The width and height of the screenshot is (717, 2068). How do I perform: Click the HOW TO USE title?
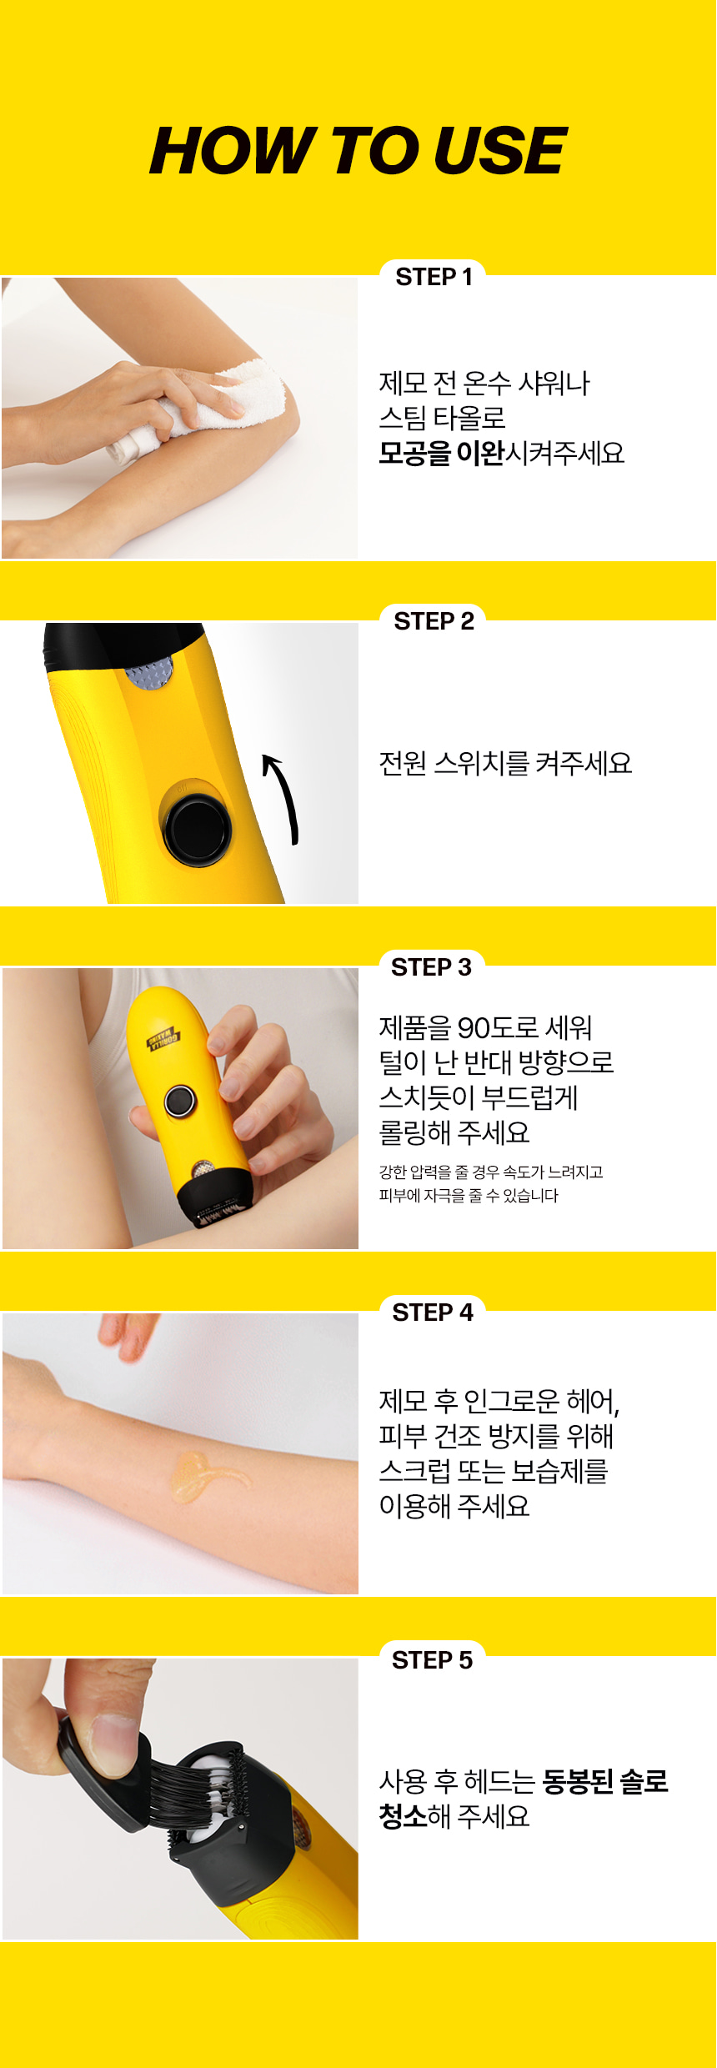(x=358, y=151)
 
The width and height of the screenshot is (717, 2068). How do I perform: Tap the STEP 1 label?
(x=434, y=277)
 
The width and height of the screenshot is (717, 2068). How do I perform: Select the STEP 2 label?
(x=434, y=621)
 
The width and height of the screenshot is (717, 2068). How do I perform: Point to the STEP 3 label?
(x=431, y=967)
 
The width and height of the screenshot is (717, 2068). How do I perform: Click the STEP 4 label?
(x=432, y=1313)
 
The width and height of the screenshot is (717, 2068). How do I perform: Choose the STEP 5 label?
(x=432, y=1660)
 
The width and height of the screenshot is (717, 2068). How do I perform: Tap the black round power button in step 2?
(x=198, y=830)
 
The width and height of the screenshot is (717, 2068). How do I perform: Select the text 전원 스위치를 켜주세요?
(x=505, y=763)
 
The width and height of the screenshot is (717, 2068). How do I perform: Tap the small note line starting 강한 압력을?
(x=491, y=1172)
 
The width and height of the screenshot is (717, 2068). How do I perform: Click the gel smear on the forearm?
(x=204, y=1477)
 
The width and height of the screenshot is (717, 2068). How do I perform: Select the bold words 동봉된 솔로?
(x=604, y=1782)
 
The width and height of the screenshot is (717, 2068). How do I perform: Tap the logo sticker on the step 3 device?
(x=163, y=1039)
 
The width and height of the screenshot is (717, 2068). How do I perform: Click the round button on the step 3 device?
(x=180, y=1101)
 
